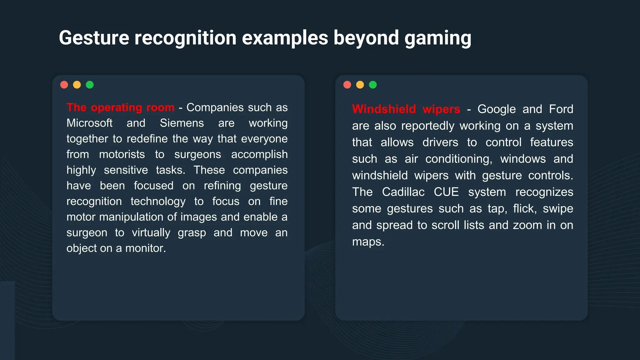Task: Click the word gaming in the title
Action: pyautogui.click(x=437, y=38)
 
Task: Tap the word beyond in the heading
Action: pyautogui.click(x=366, y=38)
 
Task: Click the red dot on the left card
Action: pyautogui.click(x=64, y=85)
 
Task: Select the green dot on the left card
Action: pyautogui.click(x=90, y=85)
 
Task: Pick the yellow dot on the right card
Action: pyautogui.click(x=360, y=85)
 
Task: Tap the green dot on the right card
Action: pyautogui.click(x=373, y=85)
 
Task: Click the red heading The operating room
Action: pyautogui.click(x=120, y=107)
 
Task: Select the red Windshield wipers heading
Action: pyautogui.click(x=406, y=109)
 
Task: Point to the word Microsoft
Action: pyautogui.click(x=89, y=123)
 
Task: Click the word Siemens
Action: pyautogui.click(x=182, y=123)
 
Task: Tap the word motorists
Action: pyautogui.click(x=122, y=154)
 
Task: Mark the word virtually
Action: pyautogui.click(x=151, y=233)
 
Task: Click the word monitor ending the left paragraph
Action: pyautogui.click(x=145, y=248)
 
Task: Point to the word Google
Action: pyautogui.click(x=496, y=109)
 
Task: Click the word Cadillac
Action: pyautogui.click(x=403, y=192)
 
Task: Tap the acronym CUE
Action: pyautogui.click(x=446, y=192)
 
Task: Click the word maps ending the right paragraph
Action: pyautogui.click(x=367, y=242)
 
